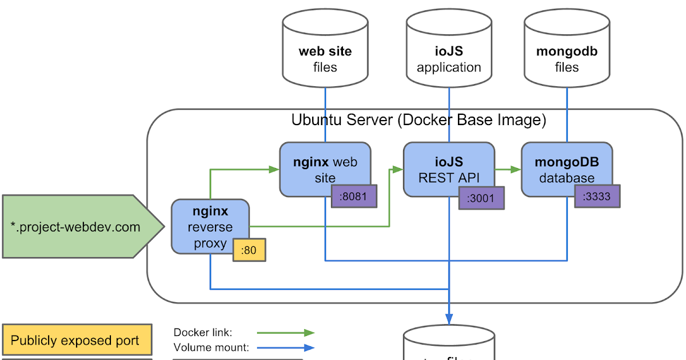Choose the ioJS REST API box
(x=449, y=166)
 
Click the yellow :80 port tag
(x=249, y=250)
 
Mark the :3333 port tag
(x=597, y=197)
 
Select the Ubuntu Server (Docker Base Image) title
(x=418, y=121)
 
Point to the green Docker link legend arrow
(x=285, y=333)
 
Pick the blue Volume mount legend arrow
(x=285, y=347)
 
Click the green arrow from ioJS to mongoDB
(x=508, y=169)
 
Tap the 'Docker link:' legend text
(x=203, y=333)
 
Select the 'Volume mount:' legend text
(x=211, y=347)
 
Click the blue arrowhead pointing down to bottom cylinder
(x=449, y=318)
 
